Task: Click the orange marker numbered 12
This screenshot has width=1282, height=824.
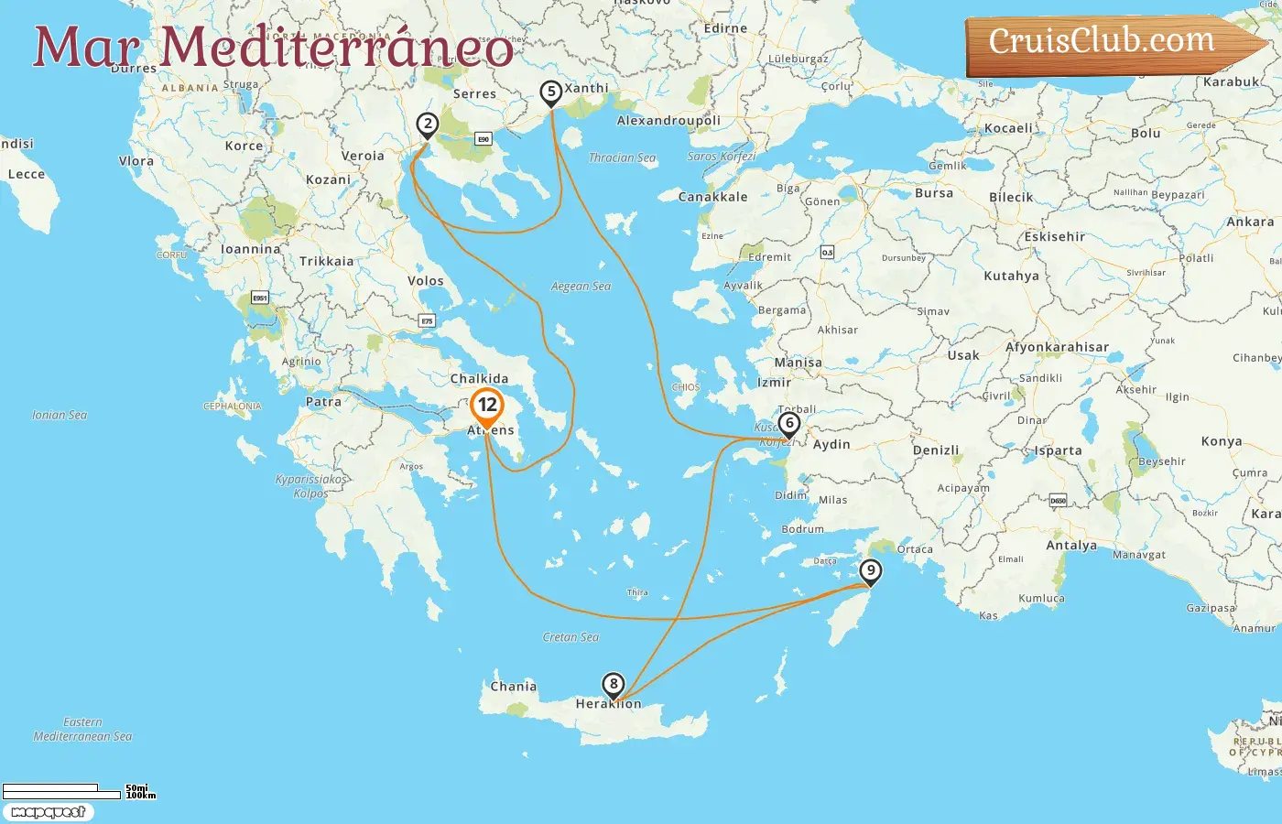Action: click(487, 405)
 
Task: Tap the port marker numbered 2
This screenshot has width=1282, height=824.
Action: click(427, 125)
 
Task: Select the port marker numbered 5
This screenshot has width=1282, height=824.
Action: click(550, 92)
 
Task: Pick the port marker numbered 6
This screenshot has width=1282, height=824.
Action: click(788, 424)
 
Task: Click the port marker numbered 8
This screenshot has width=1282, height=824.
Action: click(613, 684)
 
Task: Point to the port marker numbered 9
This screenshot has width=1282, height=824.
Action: click(870, 571)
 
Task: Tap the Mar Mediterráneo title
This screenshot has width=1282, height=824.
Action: click(273, 48)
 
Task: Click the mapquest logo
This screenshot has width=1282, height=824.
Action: click(48, 812)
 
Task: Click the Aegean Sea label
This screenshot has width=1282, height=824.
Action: click(581, 287)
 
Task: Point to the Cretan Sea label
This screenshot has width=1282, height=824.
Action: click(570, 637)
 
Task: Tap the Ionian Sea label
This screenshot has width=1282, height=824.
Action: click(60, 415)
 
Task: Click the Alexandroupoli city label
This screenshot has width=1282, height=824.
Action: click(668, 121)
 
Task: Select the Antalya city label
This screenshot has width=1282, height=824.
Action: click(1071, 546)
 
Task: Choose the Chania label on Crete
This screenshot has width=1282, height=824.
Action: click(513, 687)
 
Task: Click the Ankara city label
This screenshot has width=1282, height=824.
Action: click(1250, 222)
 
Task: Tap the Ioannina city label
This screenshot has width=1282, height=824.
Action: click(251, 249)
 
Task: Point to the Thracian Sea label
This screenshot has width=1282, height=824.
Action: click(622, 157)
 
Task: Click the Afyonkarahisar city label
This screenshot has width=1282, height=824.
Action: click(1057, 347)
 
